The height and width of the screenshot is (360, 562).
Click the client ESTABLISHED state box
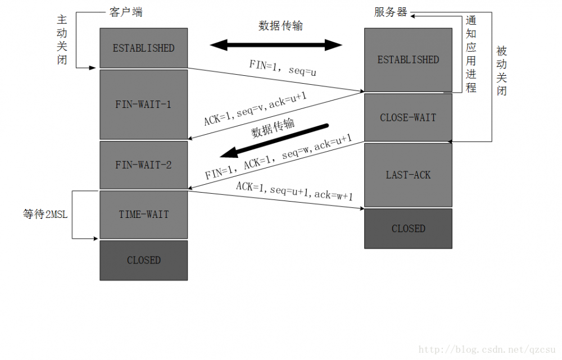coord(143,48)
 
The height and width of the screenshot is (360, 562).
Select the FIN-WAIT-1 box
coord(143,104)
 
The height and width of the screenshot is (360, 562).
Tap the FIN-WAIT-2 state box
coord(143,165)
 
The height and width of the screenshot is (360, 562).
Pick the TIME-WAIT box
coord(143,215)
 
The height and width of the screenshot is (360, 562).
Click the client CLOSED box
coord(143,261)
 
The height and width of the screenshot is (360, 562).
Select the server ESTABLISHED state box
coord(408,60)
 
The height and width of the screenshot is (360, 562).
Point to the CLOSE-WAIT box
coord(408,117)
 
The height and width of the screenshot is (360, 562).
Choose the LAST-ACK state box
coord(408,175)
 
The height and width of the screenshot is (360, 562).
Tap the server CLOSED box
coord(408,229)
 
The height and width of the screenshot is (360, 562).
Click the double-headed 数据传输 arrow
coord(276,45)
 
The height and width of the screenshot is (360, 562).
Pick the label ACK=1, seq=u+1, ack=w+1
coord(294,192)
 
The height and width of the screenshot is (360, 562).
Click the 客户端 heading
coord(124,12)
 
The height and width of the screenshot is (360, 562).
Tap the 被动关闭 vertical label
coord(501,70)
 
